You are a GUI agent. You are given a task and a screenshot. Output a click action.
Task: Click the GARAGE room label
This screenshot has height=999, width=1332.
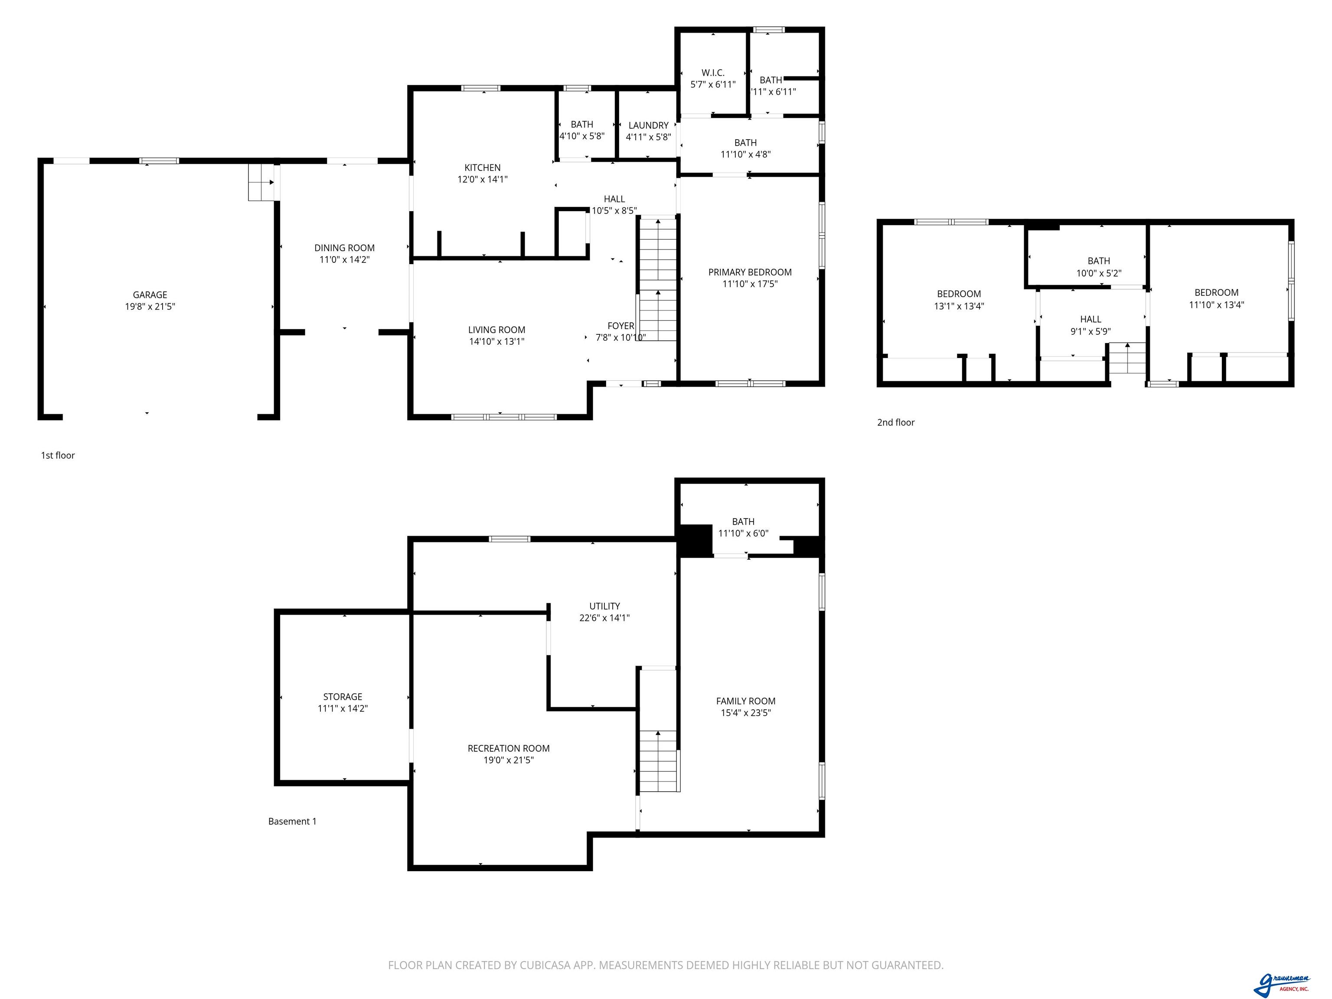coord(150,294)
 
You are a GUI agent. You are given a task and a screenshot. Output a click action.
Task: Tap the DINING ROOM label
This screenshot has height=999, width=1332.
coord(344,248)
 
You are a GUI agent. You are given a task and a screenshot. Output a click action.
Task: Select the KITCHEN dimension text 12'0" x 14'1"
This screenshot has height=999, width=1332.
coord(482,179)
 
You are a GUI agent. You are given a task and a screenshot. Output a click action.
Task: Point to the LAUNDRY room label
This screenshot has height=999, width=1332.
coord(649,125)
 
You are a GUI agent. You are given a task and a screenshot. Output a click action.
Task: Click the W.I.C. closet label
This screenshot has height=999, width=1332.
coord(713,73)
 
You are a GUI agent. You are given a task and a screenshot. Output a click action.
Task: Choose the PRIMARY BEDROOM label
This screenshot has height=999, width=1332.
coord(750,272)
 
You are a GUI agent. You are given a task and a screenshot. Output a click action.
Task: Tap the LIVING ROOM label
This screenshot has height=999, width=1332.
coord(497,330)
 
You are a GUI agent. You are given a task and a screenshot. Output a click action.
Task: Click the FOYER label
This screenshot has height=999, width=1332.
coord(621,326)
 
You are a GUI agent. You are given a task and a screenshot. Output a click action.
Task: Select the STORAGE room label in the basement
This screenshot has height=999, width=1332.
coord(343,697)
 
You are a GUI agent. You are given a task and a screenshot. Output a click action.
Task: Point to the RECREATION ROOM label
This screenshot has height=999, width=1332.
coord(509,748)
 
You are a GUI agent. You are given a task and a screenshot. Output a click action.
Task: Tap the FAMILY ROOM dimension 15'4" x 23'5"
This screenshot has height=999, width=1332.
coord(746,713)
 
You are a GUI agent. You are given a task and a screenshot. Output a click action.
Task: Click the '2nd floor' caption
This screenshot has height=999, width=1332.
coord(896,423)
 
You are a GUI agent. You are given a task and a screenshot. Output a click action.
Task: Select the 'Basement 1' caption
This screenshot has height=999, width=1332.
coord(292,821)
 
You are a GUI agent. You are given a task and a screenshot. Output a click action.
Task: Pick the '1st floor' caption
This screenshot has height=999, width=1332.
coord(58,456)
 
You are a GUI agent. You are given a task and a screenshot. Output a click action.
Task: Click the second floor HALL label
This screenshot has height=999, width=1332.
coord(1090,319)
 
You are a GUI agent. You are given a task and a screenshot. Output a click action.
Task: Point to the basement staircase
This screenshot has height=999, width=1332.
coord(658,761)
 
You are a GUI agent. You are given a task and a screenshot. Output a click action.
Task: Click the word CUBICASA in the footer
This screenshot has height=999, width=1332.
coord(547,965)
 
